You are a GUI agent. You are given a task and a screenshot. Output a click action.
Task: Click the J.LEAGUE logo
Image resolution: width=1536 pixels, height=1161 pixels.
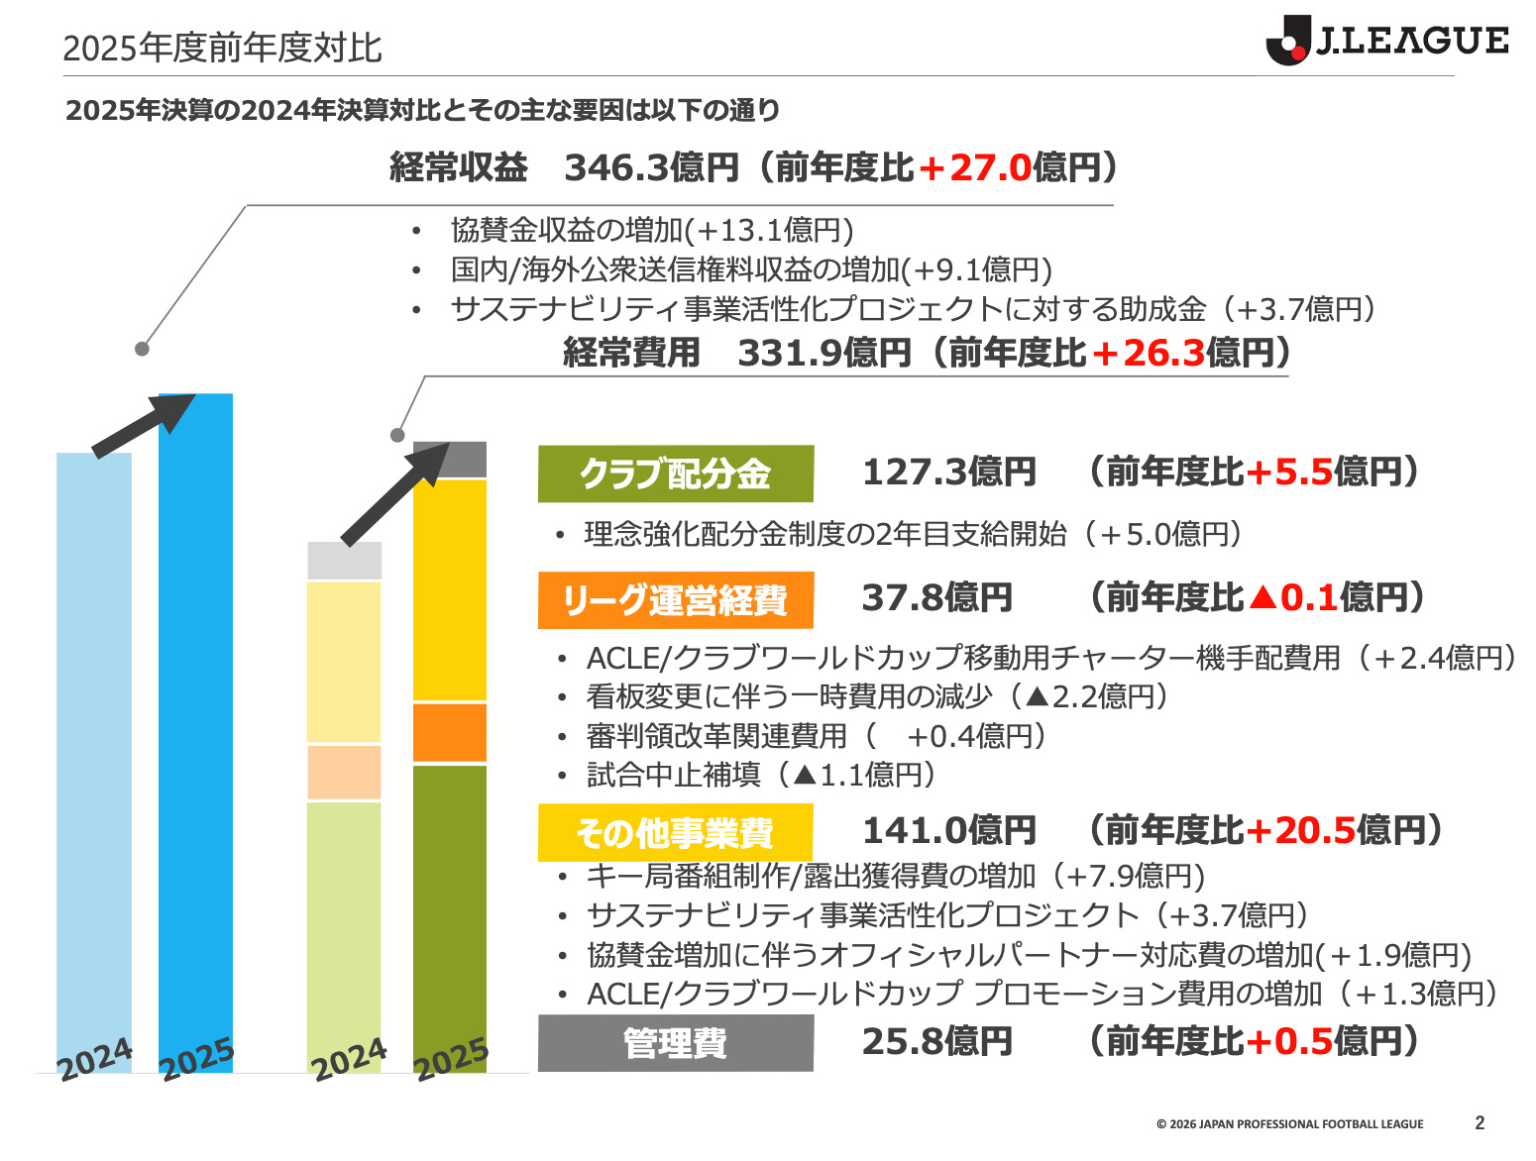click(1386, 41)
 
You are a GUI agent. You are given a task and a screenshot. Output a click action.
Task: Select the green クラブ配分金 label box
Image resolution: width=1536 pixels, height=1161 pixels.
click(675, 474)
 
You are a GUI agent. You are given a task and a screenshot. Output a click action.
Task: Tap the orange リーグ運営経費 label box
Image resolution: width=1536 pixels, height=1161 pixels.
click(675, 600)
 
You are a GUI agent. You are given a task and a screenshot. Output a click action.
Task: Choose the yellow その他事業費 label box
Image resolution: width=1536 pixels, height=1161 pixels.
click(675, 832)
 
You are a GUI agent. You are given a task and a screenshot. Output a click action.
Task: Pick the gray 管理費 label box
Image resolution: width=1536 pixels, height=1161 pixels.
click(675, 1042)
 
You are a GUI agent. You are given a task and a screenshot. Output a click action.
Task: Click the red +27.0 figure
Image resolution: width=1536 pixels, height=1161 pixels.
click(975, 168)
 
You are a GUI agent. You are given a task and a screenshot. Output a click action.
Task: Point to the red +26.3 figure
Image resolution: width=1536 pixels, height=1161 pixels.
click(1148, 353)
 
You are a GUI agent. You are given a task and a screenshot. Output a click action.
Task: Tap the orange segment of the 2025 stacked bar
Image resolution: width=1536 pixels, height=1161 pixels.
click(450, 733)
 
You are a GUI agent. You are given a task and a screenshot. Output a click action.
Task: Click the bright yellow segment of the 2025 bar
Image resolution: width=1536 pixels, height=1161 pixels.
click(450, 590)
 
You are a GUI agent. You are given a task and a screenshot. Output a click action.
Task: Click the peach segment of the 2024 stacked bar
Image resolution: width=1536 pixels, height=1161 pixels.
click(344, 772)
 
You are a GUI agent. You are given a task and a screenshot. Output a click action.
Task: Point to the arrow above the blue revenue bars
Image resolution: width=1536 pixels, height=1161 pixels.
click(144, 424)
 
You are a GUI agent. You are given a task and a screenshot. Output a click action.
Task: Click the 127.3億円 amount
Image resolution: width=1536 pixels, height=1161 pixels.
click(948, 473)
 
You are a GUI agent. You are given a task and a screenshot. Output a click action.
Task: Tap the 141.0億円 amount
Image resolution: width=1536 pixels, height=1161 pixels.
click(948, 830)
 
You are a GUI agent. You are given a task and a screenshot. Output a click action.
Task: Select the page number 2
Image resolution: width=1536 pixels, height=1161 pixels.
click(1480, 1122)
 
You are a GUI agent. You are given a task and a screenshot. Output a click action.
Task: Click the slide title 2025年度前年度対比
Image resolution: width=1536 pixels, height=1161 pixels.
click(222, 48)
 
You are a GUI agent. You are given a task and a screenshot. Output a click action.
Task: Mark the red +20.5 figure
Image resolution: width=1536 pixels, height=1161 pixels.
click(1299, 830)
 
